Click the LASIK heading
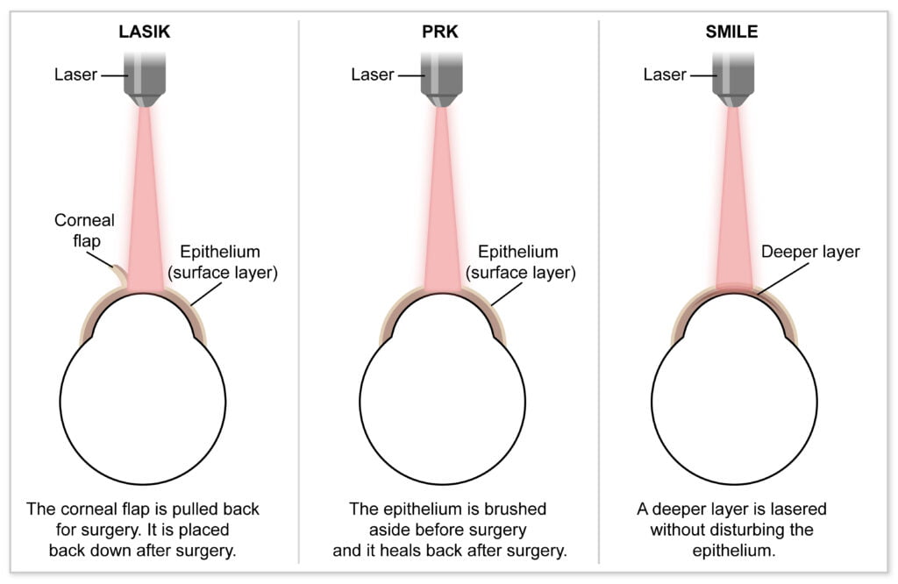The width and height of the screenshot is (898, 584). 145,32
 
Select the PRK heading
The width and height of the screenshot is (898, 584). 440,32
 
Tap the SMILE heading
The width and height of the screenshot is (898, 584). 731,32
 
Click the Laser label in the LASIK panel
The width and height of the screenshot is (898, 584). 75,75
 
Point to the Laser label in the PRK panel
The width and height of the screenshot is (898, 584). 372,75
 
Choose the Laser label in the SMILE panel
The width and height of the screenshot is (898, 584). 665,75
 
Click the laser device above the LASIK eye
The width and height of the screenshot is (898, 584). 145,79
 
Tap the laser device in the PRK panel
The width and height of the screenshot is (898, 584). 442,79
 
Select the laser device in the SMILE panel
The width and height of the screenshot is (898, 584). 733,79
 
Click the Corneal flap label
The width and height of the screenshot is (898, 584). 84,230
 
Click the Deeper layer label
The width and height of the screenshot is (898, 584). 810,252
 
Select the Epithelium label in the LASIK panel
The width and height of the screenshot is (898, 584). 222,262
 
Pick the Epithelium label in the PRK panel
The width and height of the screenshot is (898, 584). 520,262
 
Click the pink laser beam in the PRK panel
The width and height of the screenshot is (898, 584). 442,201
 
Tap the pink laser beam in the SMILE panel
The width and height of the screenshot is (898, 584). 734,201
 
